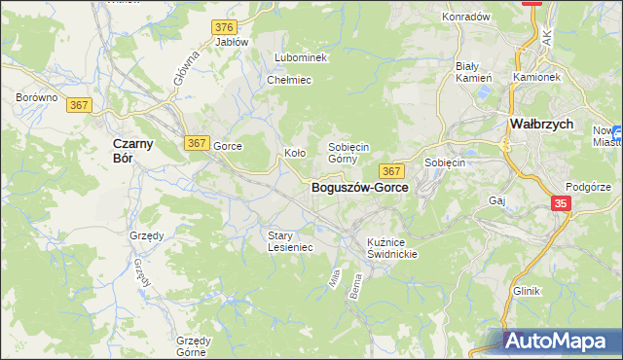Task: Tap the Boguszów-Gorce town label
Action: coord(359,188)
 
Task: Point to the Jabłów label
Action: coord(232,42)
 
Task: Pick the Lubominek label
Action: coord(301,58)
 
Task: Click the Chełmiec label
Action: coord(288,80)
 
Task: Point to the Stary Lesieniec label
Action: coord(290,241)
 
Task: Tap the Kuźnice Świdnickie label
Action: coord(392,247)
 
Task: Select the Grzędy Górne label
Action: coord(194,346)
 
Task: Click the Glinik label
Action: coord(526,291)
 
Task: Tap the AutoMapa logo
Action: coord(560,342)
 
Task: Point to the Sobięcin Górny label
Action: coord(348,152)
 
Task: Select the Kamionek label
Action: coord(536,76)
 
